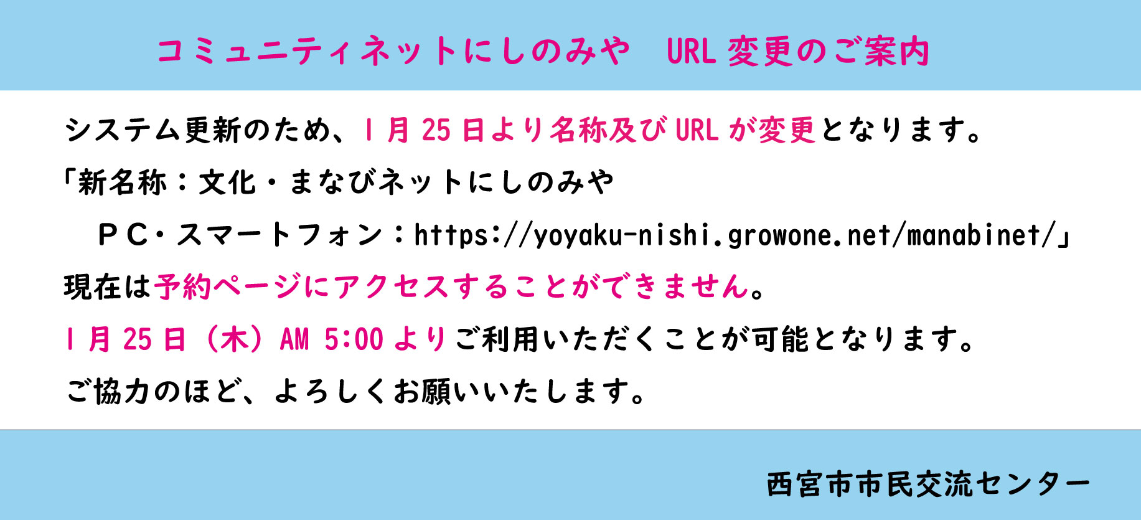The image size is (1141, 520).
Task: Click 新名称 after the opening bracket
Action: click(x=122, y=182)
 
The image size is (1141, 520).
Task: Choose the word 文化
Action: click(x=227, y=182)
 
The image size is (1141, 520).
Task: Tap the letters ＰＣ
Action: click(x=123, y=235)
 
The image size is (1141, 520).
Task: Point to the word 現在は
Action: click(x=108, y=287)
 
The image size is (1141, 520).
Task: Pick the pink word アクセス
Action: click(x=392, y=287)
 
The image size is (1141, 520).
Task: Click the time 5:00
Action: click(x=354, y=340)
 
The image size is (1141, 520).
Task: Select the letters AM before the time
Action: click(x=294, y=340)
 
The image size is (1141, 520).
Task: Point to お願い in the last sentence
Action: click(x=438, y=392)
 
